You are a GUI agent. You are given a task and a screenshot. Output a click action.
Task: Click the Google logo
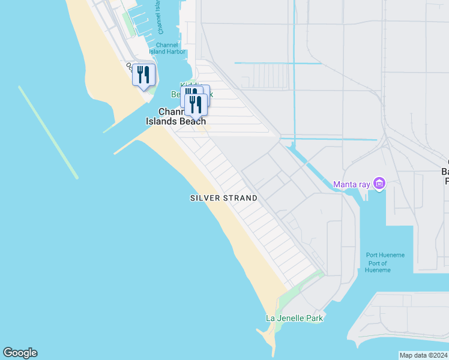coord(20,353)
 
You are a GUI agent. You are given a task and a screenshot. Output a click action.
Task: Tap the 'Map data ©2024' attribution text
coord(423,355)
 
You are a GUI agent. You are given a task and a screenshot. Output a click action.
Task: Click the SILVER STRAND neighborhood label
coord(224,198)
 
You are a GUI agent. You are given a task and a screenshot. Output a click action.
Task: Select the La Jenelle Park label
coord(295,318)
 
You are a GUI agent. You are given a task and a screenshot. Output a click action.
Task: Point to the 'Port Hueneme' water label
coord(385,255)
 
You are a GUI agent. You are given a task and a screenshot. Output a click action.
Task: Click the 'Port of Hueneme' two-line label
coord(378,267)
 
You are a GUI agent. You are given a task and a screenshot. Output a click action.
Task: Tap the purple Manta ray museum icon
coord(379,183)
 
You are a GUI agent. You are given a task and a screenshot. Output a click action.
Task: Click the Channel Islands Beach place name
coord(175,116)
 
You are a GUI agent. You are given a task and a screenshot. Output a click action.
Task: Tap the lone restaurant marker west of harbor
coord(143,75)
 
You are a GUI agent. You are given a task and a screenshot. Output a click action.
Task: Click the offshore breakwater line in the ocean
coord(48,132)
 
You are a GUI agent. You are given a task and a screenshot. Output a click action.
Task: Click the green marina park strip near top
coord(128,22)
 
